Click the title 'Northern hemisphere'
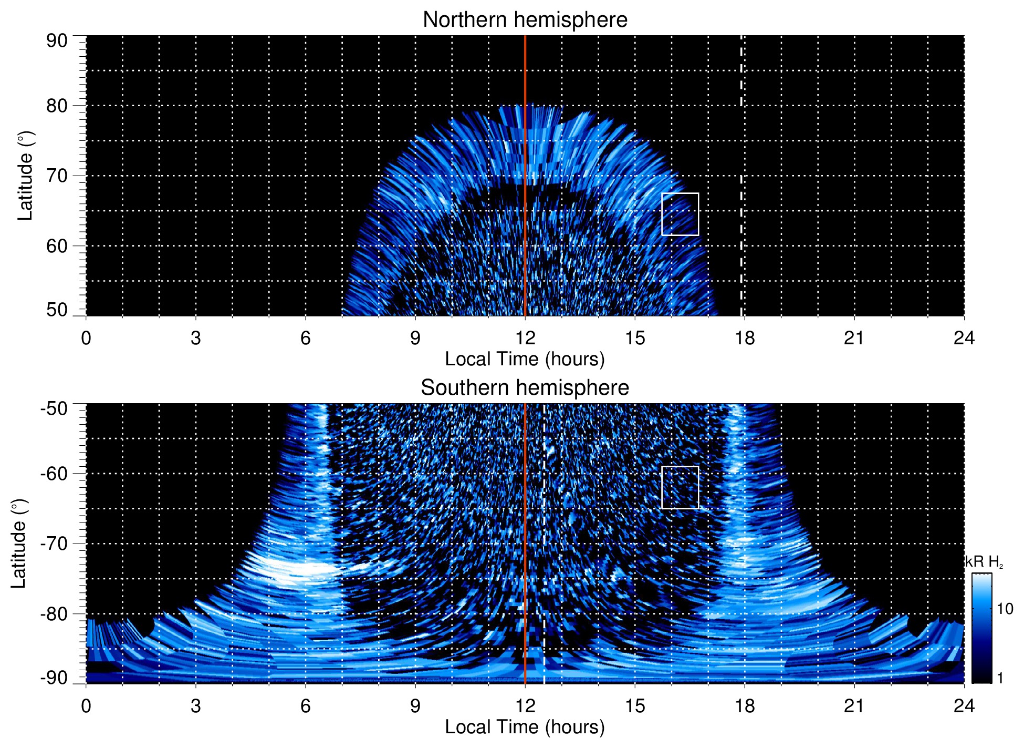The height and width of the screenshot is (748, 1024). pos(525,20)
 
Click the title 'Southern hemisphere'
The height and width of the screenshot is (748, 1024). pos(525,388)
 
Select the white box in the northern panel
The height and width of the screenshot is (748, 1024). pos(680,214)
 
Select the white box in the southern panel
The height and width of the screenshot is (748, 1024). pos(680,487)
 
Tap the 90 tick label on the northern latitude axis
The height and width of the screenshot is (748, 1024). pos(57,41)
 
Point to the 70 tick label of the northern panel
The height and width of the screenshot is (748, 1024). pos(57,176)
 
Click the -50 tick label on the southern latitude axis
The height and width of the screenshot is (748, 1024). pos(54,408)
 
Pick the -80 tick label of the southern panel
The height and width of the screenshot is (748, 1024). pos(54,613)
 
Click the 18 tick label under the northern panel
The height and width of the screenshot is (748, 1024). pos(745,338)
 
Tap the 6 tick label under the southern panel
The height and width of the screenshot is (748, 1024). pos(305,706)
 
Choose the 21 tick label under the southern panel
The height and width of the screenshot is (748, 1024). pos(854,706)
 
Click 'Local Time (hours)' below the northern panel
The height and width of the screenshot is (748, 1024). pos(525,359)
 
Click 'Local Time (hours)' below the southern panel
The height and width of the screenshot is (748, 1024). pos(525,727)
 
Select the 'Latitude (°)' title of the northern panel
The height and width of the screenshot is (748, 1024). pos(25,176)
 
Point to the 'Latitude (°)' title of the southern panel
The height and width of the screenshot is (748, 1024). pos(19,544)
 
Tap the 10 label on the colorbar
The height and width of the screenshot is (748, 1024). pos(1005,609)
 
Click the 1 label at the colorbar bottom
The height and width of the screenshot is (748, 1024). pos(1000,678)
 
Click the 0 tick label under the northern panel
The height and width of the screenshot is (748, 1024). pos(86,338)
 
